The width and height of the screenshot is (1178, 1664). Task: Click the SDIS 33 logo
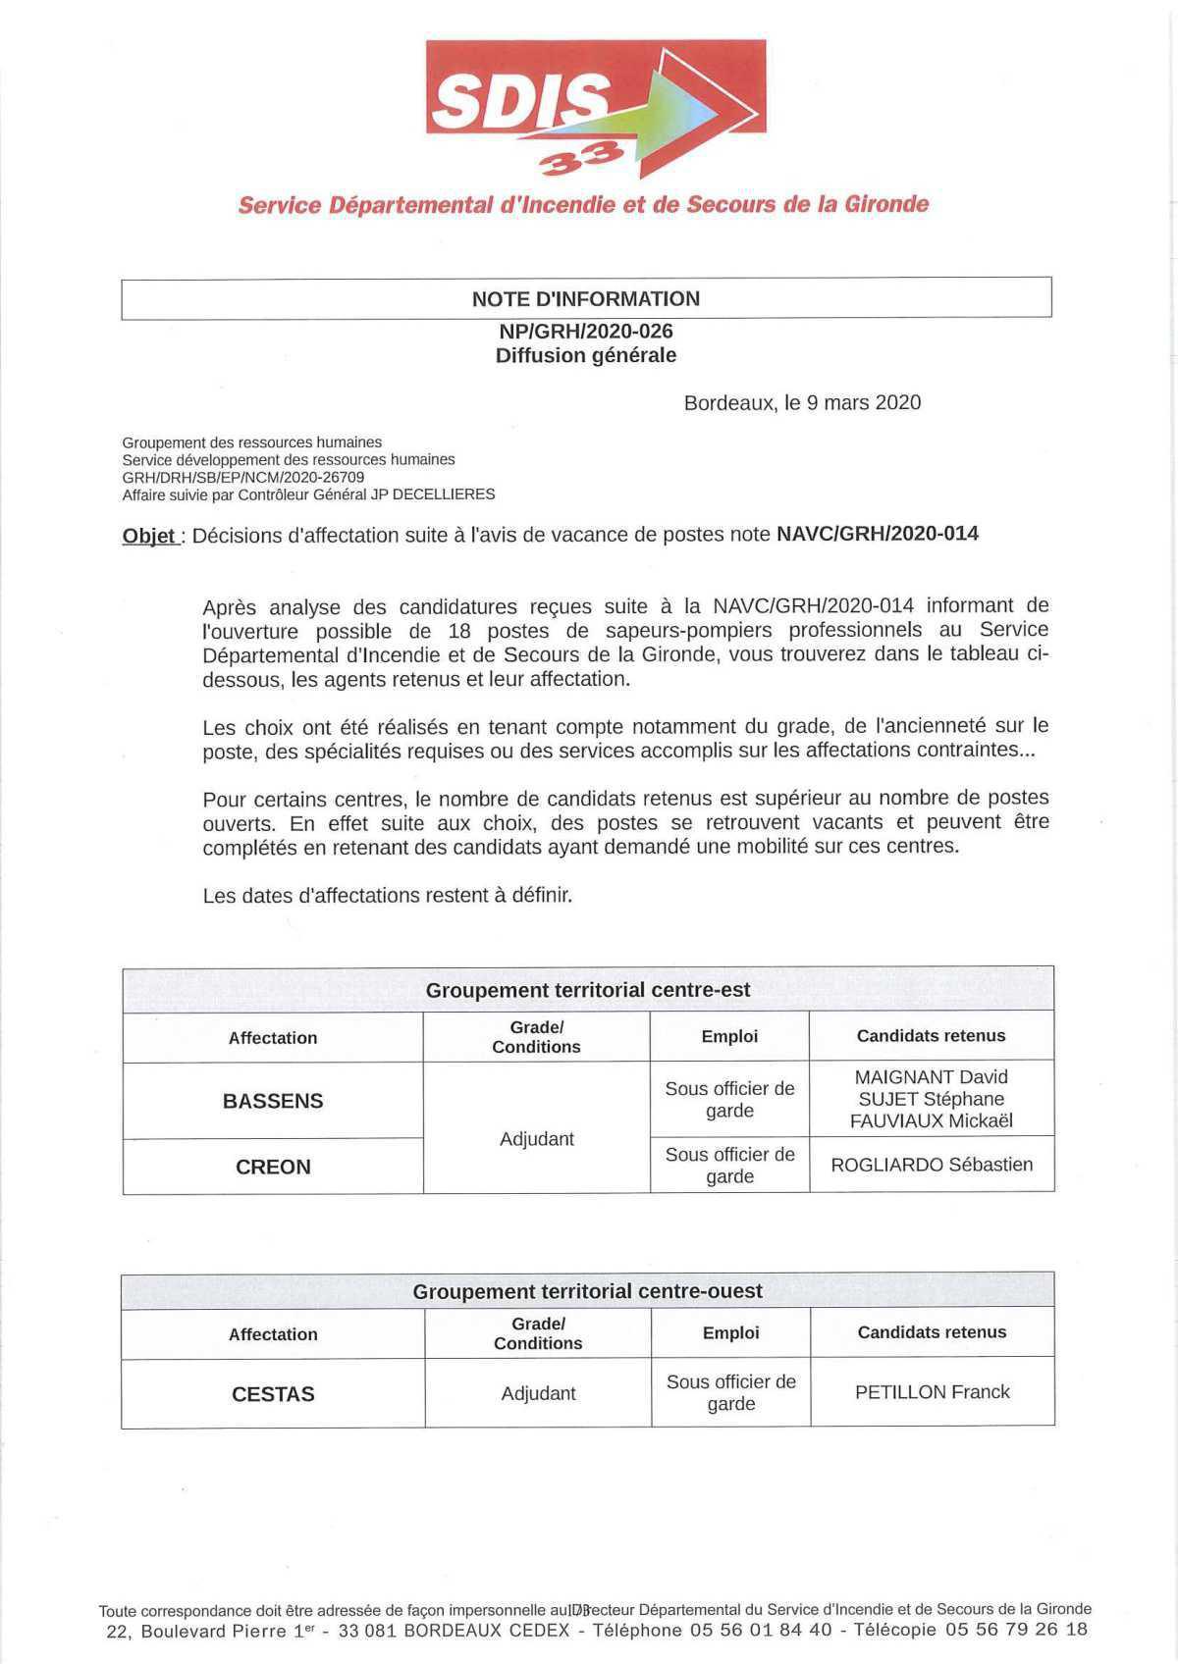(595, 109)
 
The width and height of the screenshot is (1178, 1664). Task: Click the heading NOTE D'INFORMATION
(586, 298)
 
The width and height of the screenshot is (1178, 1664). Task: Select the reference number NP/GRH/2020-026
(586, 331)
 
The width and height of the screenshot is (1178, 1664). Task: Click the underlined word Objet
(149, 536)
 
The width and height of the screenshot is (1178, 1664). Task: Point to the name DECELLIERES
(443, 494)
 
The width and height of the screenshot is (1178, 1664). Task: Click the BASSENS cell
(273, 1101)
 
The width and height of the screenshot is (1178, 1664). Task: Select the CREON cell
(273, 1167)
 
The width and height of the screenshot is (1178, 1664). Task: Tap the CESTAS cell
(273, 1394)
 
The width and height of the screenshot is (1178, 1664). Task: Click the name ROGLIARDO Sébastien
(932, 1165)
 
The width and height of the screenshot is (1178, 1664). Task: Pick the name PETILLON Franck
(932, 1391)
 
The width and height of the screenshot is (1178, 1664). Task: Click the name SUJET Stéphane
(932, 1099)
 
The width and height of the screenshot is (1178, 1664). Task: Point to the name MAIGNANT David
(932, 1076)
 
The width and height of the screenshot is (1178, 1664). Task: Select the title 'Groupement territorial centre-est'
(587, 990)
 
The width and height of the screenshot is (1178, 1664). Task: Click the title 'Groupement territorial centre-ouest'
(587, 1291)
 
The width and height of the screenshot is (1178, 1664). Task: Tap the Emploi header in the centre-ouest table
(730, 1332)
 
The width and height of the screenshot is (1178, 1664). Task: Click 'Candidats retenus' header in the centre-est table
(931, 1035)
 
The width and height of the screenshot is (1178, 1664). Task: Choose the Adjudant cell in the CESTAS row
(538, 1393)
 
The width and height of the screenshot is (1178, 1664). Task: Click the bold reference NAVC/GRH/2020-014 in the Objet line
(878, 534)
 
